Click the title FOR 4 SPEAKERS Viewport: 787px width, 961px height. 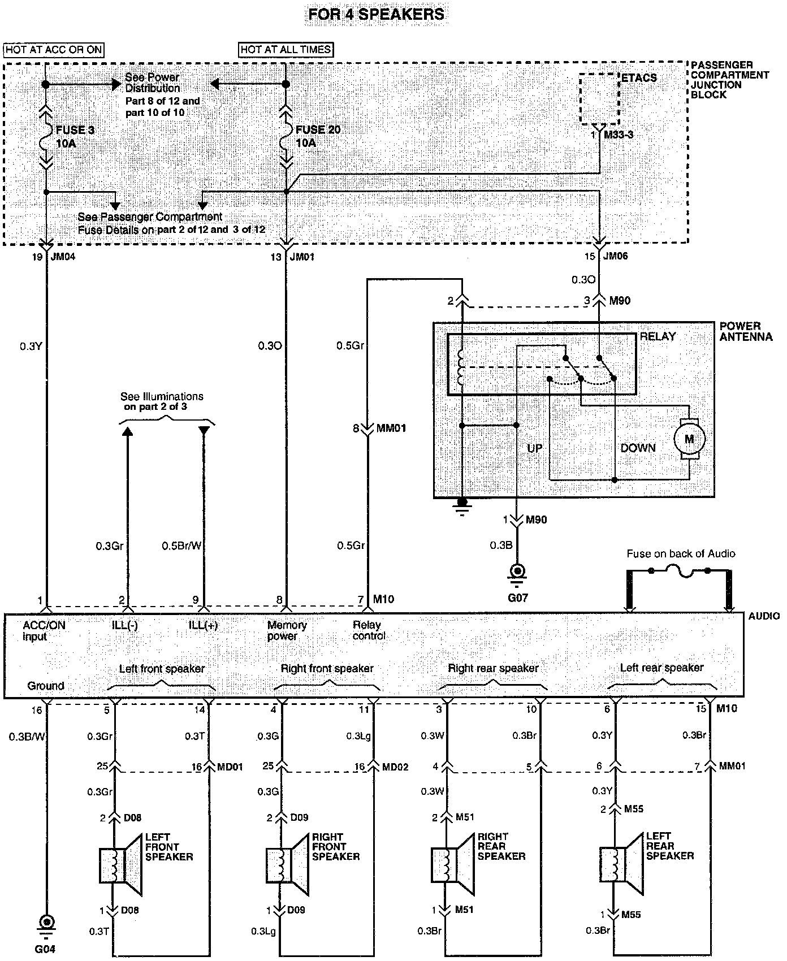coord(376,14)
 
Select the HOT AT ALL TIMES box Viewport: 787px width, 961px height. coord(286,50)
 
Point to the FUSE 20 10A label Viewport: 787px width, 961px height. coord(318,136)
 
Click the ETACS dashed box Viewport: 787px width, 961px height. coord(600,99)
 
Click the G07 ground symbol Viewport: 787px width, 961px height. coord(517,571)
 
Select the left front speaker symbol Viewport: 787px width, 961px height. coord(120,865)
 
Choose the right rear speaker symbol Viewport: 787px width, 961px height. coord(452,864)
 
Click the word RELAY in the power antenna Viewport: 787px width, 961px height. coord(658,336)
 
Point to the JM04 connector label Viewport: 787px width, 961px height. coord(63,256)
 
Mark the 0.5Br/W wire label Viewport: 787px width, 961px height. coord(181,546)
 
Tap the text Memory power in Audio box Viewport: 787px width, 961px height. coord(287,630)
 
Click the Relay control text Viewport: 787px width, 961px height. coord(369,630)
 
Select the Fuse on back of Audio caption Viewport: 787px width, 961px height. coord(681,554)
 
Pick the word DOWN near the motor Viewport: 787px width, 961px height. coord(638,448)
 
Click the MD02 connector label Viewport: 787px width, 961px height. coord(395,767)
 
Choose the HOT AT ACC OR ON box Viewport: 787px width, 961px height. coord(54,50)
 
